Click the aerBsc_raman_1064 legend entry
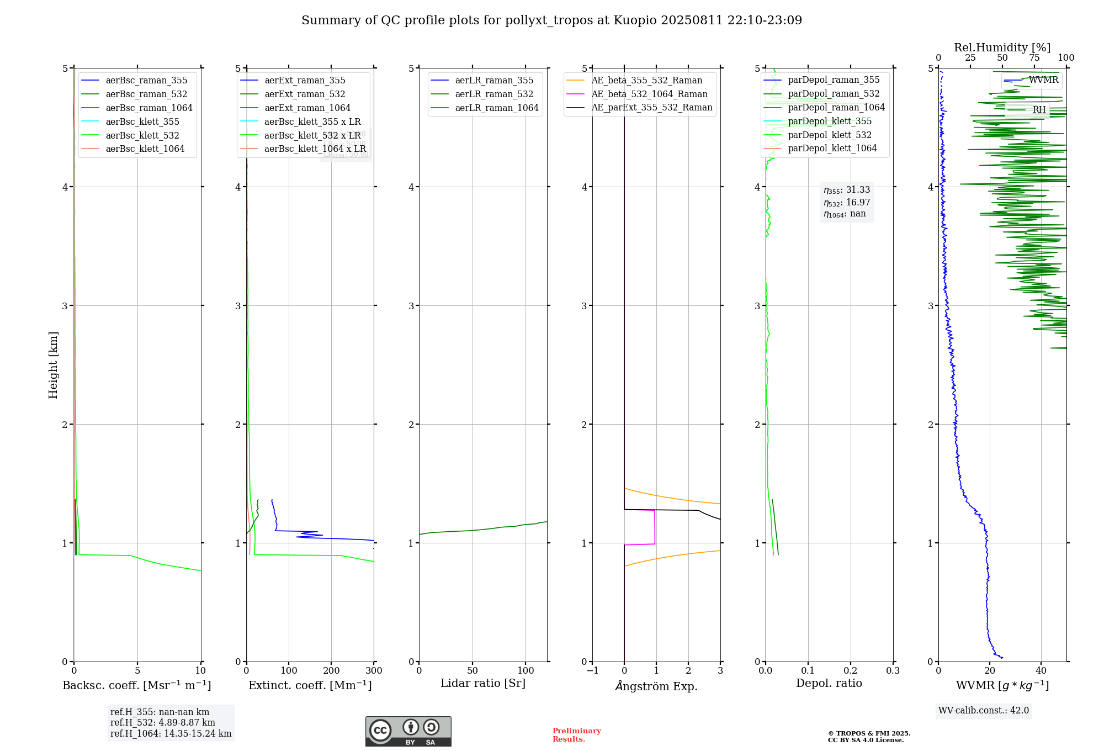149,108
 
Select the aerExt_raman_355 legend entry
305,80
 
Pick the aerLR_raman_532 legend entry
494,94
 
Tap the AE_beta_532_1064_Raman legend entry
649,94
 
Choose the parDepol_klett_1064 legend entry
832,148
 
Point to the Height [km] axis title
53,365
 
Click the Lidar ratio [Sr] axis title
483,683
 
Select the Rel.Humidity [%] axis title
1002,47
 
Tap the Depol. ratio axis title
829,683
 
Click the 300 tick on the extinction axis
374,670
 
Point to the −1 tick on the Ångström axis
592,670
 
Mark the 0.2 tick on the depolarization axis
851,670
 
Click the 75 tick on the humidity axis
1034,58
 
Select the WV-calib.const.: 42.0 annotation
983,710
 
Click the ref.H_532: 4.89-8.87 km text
163,722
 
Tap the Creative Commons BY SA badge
408,732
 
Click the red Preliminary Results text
576,735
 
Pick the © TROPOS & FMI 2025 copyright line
869,733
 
